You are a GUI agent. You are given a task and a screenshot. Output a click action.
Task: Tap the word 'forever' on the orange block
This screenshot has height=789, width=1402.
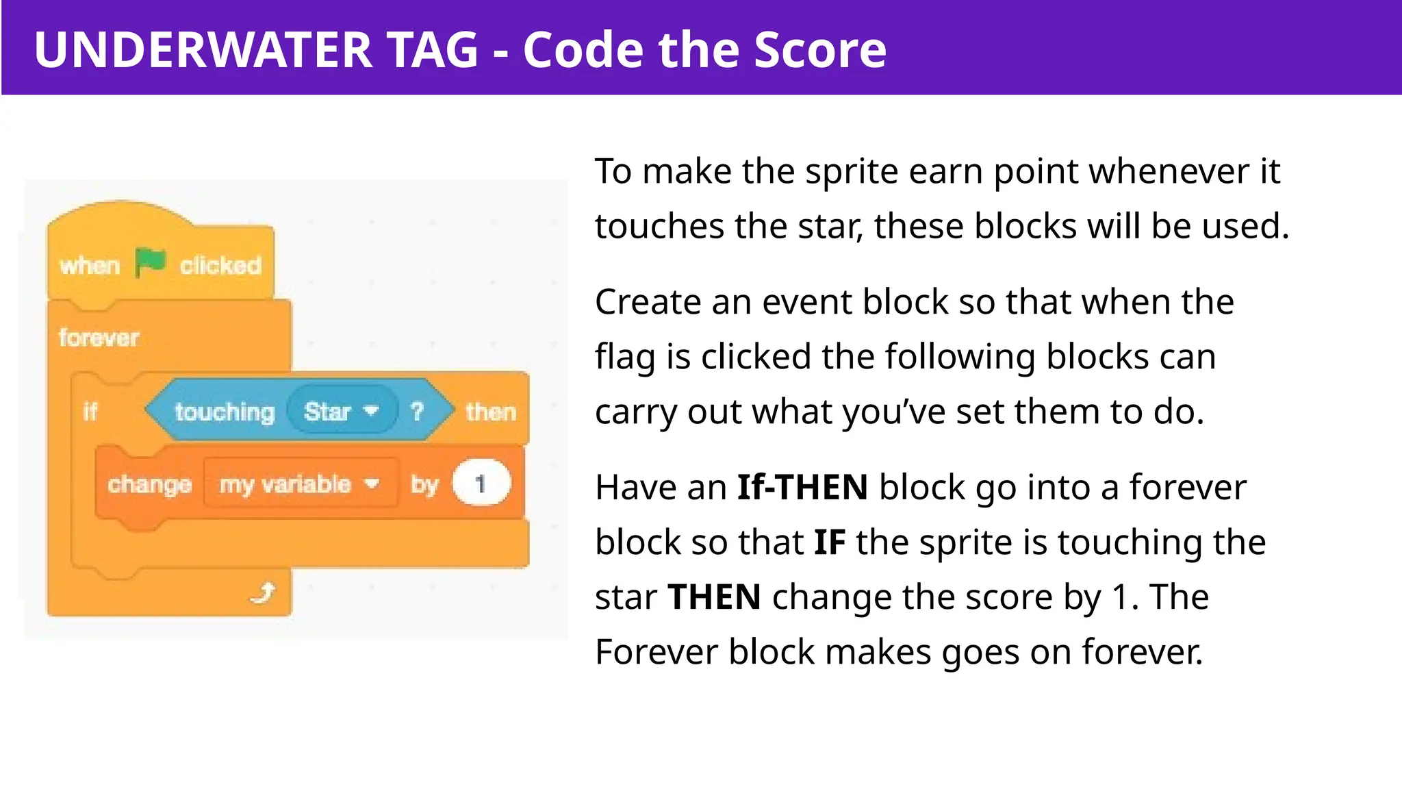(99, 338)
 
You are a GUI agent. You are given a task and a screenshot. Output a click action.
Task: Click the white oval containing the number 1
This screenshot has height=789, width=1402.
(481, 484)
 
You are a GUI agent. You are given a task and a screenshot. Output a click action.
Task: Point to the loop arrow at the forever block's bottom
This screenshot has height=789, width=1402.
(264, 592)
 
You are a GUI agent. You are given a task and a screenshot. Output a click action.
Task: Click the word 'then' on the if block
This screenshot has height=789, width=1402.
(490, 412)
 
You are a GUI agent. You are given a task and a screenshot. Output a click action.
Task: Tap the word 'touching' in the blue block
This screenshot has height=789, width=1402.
(225, 412)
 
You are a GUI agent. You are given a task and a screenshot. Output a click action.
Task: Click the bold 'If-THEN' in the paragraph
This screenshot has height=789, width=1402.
(802, 487)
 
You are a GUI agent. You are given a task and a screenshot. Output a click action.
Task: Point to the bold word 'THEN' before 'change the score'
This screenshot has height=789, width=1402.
(714, 597)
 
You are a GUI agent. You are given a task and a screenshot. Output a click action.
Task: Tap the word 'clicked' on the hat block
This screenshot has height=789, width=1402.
(220, 265)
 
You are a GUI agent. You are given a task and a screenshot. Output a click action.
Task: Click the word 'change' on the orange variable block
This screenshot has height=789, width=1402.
(149, 484)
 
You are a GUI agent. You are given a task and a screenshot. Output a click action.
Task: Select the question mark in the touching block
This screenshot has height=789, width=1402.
(417, 412)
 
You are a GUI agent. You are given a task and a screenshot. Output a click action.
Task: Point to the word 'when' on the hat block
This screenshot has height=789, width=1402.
(90, 265)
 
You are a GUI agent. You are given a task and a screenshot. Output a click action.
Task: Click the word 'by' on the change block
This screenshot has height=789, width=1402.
(424, 484)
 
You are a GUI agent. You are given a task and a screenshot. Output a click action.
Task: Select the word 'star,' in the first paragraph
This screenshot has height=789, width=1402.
(830, 226)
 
